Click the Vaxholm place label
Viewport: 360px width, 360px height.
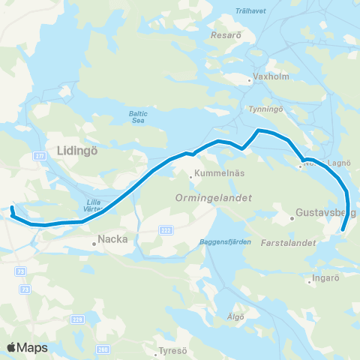(266, 77)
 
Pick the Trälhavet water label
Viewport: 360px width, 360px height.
(250, 10)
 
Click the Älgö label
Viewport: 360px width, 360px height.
(236, 316)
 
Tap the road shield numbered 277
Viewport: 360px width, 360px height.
(39, 155)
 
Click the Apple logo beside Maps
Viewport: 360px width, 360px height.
(12, 347)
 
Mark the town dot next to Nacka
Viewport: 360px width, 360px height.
(94, 243)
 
